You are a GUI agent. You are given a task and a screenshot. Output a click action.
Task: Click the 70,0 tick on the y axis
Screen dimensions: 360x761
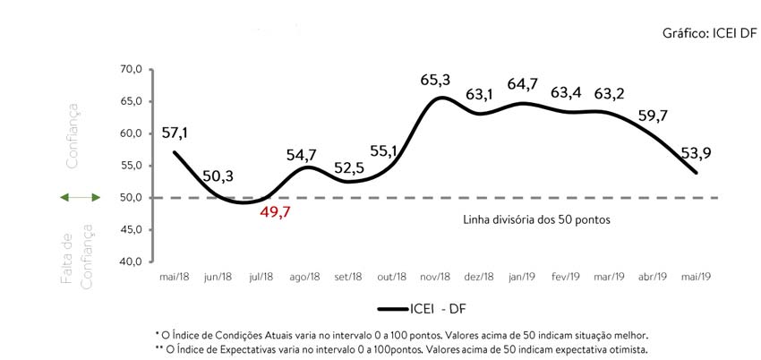131,69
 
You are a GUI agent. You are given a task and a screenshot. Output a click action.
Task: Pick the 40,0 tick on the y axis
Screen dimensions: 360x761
131,261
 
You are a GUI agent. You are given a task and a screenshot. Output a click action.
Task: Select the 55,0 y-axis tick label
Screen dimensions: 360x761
131,166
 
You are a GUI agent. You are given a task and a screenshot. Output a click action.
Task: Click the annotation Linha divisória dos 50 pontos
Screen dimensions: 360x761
535,219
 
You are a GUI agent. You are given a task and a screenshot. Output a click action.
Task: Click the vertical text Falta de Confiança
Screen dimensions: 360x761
77,255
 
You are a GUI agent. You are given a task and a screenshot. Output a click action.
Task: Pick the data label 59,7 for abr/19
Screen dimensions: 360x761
654,115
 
